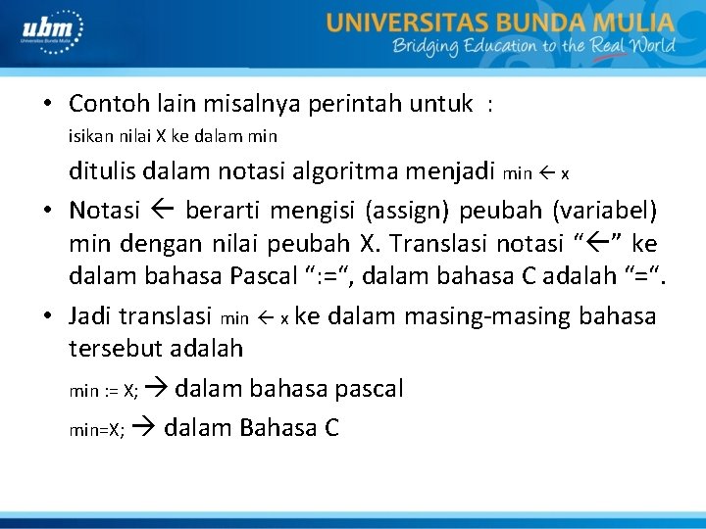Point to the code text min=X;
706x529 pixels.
(96, 429)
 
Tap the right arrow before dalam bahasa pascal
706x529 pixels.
(159, 389)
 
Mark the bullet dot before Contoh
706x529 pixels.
(47, 104)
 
